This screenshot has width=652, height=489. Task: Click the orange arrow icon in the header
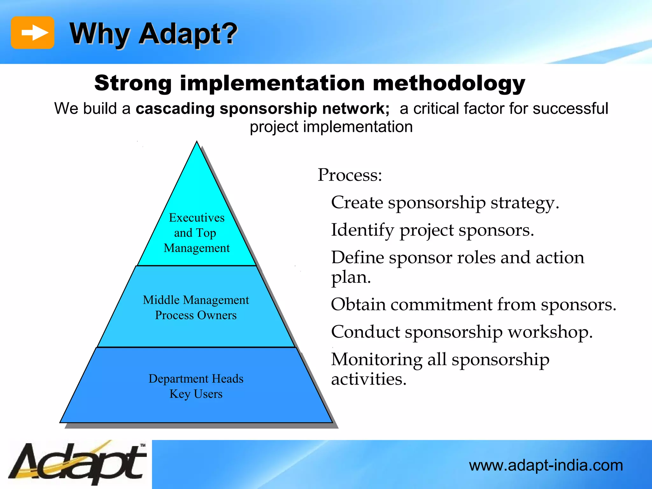pyautogui.click(x=32, y=32)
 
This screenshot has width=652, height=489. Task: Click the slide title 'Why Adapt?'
pyautogui.click(x=153, y=34)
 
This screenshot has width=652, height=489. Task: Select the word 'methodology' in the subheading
pyautogui.click(x=449, y=83)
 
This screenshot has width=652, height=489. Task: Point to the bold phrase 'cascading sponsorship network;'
pyautogui.click(x=263, y=109)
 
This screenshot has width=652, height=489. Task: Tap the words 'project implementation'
pyautogui.click(x=331, y=127)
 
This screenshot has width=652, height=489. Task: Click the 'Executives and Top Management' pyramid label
pyautogui.click(x=197, y=233)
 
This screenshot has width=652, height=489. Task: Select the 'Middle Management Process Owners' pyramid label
pyautogui.click(x=196, y=308)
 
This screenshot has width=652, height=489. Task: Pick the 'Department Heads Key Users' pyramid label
pyautogui.click(x=196, y=386)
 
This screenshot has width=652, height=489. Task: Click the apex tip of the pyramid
pyautogui.click(x=197, y=142)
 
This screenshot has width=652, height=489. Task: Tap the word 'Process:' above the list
pyautogui.click(x=350, y=175)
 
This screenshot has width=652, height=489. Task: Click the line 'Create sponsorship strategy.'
pyautogui.click(x=445, y=203)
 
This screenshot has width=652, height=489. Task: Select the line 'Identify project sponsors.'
pyautogui.click(x=432, y=230)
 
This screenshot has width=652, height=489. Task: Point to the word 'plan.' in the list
pyautogui.click(x=351, y=277)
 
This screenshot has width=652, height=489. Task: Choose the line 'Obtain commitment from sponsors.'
pyautogui.click(x=473, y=305)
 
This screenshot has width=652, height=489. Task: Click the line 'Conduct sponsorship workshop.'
pyautogui.click(x=462, y=332)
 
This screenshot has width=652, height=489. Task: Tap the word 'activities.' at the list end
pyautogui.click(x=369, y=379)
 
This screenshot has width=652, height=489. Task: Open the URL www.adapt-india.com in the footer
pyautogui.click(x=546, y=465)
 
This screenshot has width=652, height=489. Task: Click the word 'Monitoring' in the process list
pyautogui.click(x=376, y=360)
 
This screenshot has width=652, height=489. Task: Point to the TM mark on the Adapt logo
pyautogui.click(x=143, y=445)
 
